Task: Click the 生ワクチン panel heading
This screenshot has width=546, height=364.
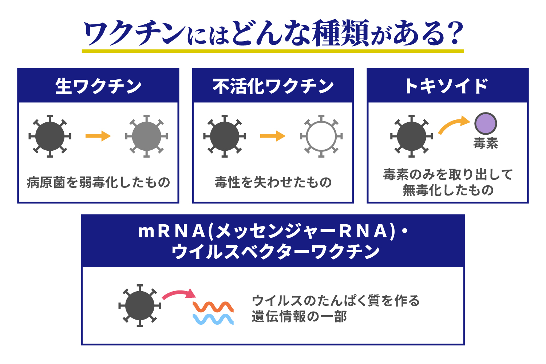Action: pyautogui.click(x=98, y=86)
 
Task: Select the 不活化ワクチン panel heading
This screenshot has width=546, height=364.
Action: pyautogui.click(x=273, y=86)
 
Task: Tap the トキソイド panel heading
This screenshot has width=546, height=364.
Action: pyautogui.click(x=447, y=86)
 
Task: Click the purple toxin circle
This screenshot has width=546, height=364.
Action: pyautogui.click(x=486, y=124)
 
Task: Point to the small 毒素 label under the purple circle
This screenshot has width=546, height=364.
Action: pyautogui.click(x=486, y=143)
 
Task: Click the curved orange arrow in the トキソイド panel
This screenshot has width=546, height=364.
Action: pyautogui.click(x=453, y=125)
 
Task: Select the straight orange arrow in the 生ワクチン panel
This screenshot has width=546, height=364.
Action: pyautogui.click(x=98, y=136)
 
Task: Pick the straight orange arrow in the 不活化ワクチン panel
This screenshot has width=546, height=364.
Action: pyautogui.click(x=273, y=136)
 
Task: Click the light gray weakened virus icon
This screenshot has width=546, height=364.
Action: pyautogui.click(x=146, y=136)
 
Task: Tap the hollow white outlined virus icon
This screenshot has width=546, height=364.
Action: pyautogui.click(x=321, y=136)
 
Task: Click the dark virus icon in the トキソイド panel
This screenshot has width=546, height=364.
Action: pyautogui.click(x=411, y=136)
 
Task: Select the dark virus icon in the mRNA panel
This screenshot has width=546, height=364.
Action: pyautogui.click(x=140, y=306)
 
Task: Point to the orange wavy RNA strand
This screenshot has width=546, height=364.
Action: pyautogui.click(x=213, y=306)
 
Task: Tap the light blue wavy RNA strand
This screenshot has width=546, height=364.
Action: pyautogui.click(x=213, y=319)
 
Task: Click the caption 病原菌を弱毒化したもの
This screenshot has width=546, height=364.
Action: pyautogui.click(x=98, y=182)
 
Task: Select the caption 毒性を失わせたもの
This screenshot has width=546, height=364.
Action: pyautogui.click(x=273, y=182)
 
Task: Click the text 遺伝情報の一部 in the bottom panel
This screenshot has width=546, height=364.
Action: pyautogui.click(x=299, y=317)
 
